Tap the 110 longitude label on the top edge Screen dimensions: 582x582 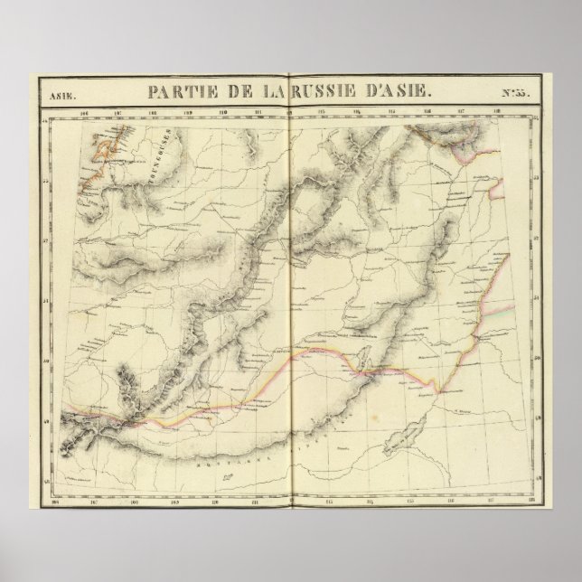coord(223,113)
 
